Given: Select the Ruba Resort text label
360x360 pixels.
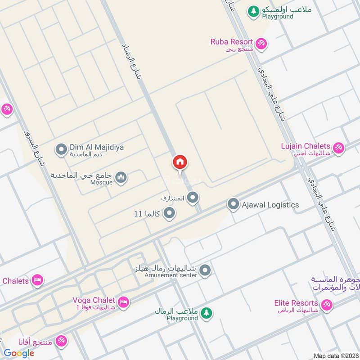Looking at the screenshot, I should click(231, 42).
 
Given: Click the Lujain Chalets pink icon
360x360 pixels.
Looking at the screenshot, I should click(338, 147).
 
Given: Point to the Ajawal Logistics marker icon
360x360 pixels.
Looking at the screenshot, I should click(233, 205).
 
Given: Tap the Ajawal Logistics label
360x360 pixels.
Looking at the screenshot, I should click(270, 205).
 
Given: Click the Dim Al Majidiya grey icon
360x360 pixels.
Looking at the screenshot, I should click(61, 149).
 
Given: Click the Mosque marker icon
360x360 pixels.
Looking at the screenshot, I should click(121, 178).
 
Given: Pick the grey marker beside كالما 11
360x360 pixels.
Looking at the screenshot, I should click(169, 213).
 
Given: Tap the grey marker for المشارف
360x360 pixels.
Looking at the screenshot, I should click(193, 198).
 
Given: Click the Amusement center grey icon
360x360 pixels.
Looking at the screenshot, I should click(205, 270).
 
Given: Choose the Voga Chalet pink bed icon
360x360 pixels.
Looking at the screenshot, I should click(124, 302).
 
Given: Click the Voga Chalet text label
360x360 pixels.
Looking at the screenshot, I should click(94, 300).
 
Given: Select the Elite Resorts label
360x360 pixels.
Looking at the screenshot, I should click(296, 303).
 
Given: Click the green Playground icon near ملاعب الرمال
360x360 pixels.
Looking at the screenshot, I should click(206, 313).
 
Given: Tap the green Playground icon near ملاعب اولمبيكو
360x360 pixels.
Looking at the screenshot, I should click(254, 11).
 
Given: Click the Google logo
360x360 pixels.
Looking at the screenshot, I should click(19, 353).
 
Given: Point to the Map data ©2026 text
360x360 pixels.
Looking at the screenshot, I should click(335, 355).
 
